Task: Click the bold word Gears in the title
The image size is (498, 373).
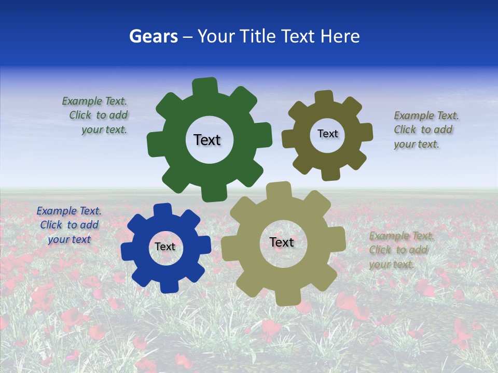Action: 153,36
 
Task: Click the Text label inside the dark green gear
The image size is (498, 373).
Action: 207,140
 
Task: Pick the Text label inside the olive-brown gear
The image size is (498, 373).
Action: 327,134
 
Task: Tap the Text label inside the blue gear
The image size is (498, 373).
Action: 165,247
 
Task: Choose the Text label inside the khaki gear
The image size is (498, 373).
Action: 282,242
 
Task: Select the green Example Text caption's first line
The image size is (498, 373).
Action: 94,101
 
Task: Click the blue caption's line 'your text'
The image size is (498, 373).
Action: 69,239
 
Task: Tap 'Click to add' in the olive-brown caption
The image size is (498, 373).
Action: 423,130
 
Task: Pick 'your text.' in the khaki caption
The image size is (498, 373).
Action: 392,264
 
